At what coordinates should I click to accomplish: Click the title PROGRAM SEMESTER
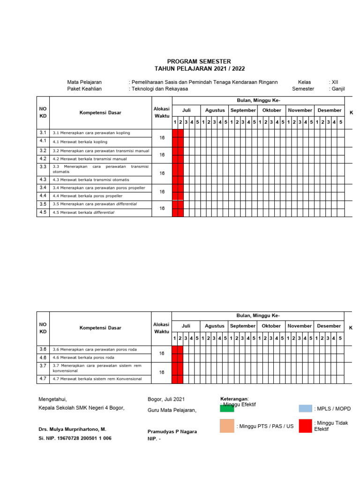(x=199, y=61)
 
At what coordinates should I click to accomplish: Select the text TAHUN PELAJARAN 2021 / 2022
(x=199, y=68)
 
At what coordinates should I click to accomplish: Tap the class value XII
(x=334, y=82)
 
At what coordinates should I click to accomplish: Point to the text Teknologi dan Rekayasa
(x=160, y=89)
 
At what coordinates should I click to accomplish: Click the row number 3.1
(x=43, y=133)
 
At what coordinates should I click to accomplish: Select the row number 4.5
(x=43, y=212)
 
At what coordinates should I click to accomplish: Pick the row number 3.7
(x=43, y=366)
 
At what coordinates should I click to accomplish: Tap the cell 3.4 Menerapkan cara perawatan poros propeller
(x=99, y=188)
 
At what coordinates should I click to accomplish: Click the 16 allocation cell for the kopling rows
(x=162, y=138)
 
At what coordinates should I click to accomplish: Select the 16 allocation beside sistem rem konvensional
(x=162, y=372)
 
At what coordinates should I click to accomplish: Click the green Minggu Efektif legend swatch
(x=227, y=408)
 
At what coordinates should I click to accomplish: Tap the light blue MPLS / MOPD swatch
(x=305, y=408)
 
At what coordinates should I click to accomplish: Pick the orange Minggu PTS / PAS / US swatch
(x=227, y=426)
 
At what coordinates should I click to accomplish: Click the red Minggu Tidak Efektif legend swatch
(x=305, y=426)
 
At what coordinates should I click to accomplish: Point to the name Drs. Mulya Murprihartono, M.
(x=72, y=429)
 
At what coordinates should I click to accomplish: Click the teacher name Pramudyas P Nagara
(x=172, y=432)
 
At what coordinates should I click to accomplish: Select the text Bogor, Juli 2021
(x=166, y=399)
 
